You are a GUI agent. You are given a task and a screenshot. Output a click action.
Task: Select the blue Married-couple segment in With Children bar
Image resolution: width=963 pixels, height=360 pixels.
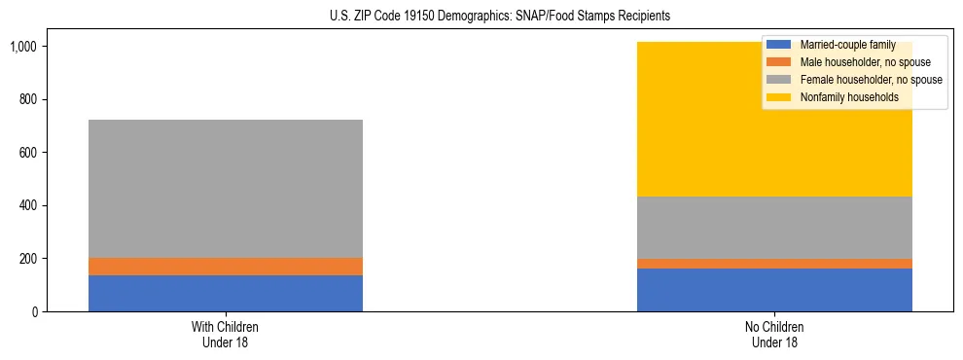(x=226, y=293)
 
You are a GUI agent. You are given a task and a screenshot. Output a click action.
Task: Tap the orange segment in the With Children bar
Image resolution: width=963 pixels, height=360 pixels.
(x=226, y=267)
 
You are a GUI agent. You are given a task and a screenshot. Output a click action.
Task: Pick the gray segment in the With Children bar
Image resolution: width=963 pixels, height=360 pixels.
(x=226, y=189)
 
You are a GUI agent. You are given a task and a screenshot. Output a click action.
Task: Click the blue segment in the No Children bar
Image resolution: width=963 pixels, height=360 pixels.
(x=774, y=290)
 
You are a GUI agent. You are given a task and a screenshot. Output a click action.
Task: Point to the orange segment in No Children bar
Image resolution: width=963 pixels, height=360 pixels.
(x=774, y=264)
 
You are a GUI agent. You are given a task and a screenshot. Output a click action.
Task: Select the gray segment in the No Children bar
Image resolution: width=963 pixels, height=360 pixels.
(x=774, y=228)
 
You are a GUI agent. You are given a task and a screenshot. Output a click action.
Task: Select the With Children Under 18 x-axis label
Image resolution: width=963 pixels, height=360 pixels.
(x=226, y=335)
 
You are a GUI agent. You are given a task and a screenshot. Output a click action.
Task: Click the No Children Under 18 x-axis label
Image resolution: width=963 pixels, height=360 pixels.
(x=774, y=335)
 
